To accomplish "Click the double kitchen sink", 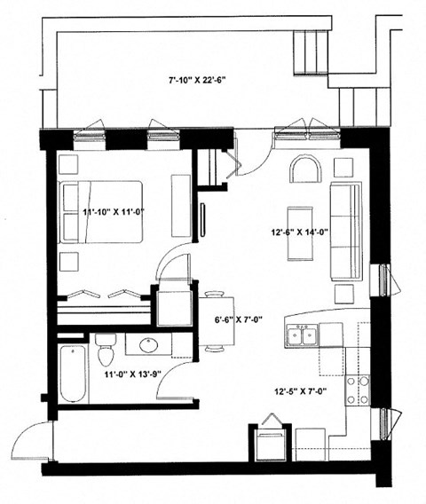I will pyautogui.click(x=300, y=335).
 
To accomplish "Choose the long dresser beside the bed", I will pyautogui.click(x=180, y=206).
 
